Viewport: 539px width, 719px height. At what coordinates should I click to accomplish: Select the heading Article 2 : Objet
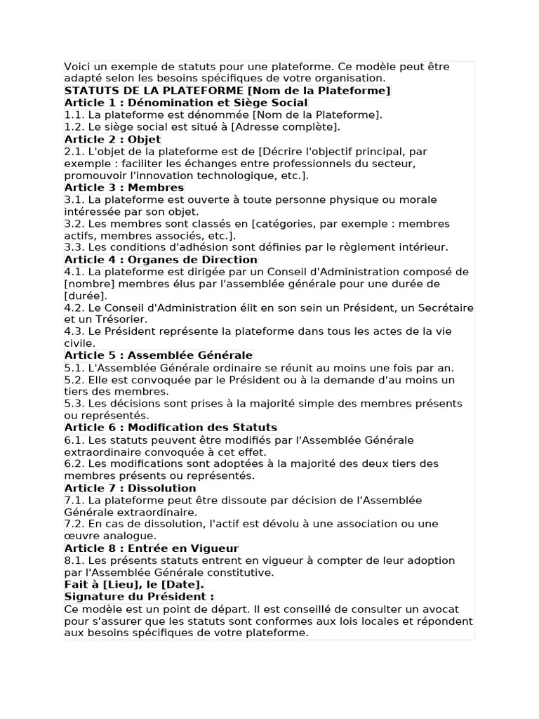coord(102,139)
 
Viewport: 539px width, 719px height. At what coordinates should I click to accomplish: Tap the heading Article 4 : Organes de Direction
coord(151,259)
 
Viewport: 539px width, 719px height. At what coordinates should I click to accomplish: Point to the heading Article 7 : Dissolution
coord(130,488)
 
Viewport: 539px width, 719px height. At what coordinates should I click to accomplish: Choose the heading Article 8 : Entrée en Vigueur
coord(151,548)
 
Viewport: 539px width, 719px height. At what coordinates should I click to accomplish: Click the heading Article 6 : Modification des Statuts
coord(171,428)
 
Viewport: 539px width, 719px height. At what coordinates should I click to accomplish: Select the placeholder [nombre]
coord(86,284)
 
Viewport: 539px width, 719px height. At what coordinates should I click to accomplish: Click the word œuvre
coord(80,536)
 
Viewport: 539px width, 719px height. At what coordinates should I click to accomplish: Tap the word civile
coord(78,343)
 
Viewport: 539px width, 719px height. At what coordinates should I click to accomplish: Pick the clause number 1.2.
coord(73,127)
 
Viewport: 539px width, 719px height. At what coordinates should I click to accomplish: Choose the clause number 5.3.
coord(73,404)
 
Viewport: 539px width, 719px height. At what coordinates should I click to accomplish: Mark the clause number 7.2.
coord(73,524)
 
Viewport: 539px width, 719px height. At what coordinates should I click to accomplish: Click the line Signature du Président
coord(138,596)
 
